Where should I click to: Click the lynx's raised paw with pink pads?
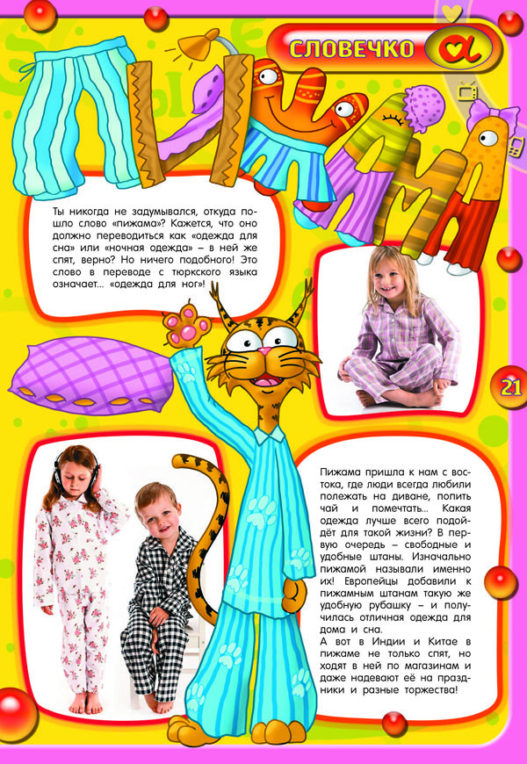click(182, 327)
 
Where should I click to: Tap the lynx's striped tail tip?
click(184, 462)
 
